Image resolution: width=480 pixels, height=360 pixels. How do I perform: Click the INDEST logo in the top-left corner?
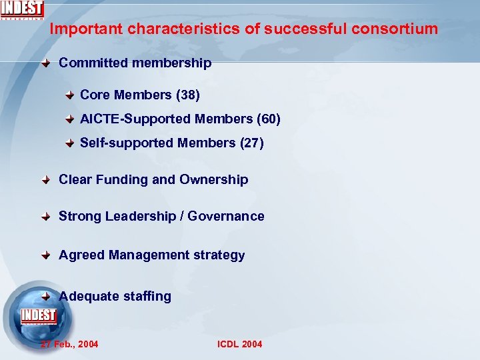[22, 9]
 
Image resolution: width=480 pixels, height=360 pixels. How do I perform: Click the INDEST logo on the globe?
[39, 316]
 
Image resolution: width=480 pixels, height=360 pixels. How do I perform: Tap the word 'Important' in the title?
[86, 29]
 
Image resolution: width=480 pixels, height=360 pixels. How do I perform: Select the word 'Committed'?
[93, 63]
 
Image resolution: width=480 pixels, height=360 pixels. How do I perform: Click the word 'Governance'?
[226, 217]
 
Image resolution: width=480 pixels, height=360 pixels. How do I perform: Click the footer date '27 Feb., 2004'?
[69, 344]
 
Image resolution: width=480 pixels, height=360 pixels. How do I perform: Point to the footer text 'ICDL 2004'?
[240, 344]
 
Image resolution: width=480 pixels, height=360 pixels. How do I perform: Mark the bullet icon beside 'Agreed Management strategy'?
[45, 255]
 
